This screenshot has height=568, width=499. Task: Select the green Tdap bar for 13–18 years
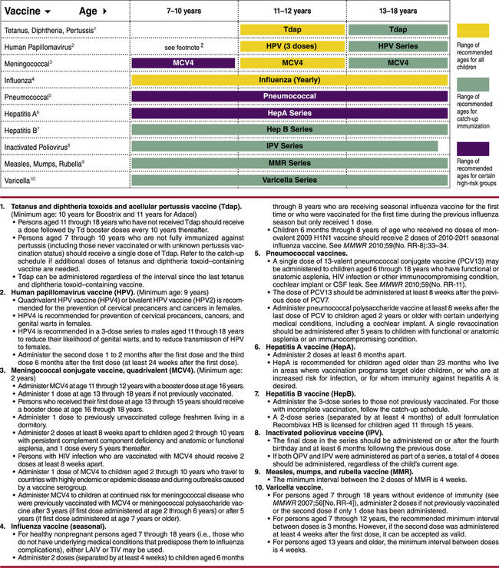coord(398,29)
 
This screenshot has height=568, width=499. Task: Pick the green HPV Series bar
coord(398,45)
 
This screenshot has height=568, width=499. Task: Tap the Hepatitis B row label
coord(26,129)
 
